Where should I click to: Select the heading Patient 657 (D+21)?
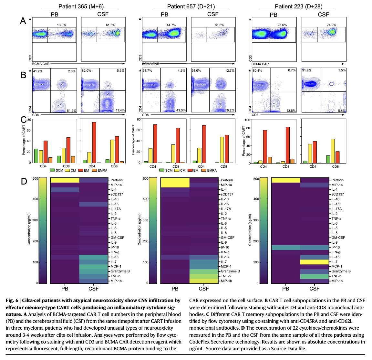pyautogui.click(x=191, y=6)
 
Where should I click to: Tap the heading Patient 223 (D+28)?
pyautogui.click(x=298, y=6)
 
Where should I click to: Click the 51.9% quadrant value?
pyautogui.click(x=71, y=111)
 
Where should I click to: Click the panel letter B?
pyautogui.click(x=23, y=75)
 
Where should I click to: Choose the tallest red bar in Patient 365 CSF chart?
pyautogui.click(x=94, y=143)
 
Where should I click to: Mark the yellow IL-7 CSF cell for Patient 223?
pyautogui.click(x=315, y=262)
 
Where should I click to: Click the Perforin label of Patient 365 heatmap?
pyautogui.click(x=117, y=180)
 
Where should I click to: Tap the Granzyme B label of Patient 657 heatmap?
pyautogui.click(x=230, y=271)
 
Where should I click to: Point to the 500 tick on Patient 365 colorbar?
pyautogui.click(x=34, y=178)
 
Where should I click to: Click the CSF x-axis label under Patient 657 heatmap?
pyautogui.click(x=204, y=289)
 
